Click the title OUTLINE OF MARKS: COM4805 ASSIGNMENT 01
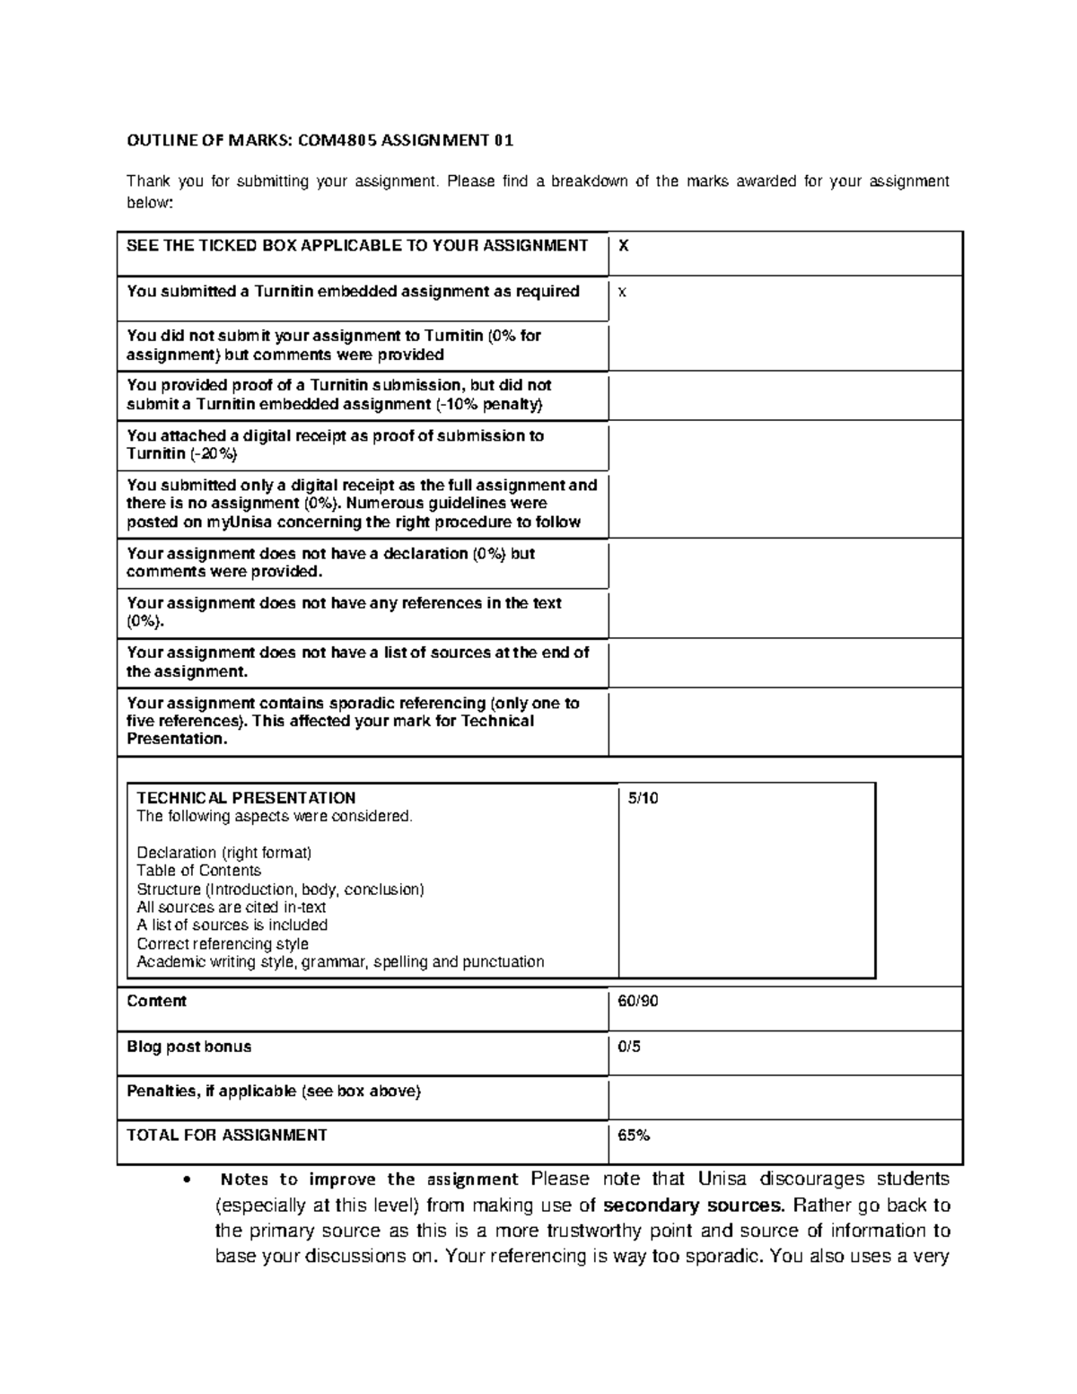320,140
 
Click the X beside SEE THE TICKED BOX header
624,246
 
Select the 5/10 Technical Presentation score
643,798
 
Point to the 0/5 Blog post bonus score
629,1047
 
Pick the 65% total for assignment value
634,1135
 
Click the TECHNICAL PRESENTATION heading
245,798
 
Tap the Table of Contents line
198,871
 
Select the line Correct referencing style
222,943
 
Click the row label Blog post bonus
188,1047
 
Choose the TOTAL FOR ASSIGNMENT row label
226,1135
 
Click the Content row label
156,1001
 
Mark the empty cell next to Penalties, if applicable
784,1097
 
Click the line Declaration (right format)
223,853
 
